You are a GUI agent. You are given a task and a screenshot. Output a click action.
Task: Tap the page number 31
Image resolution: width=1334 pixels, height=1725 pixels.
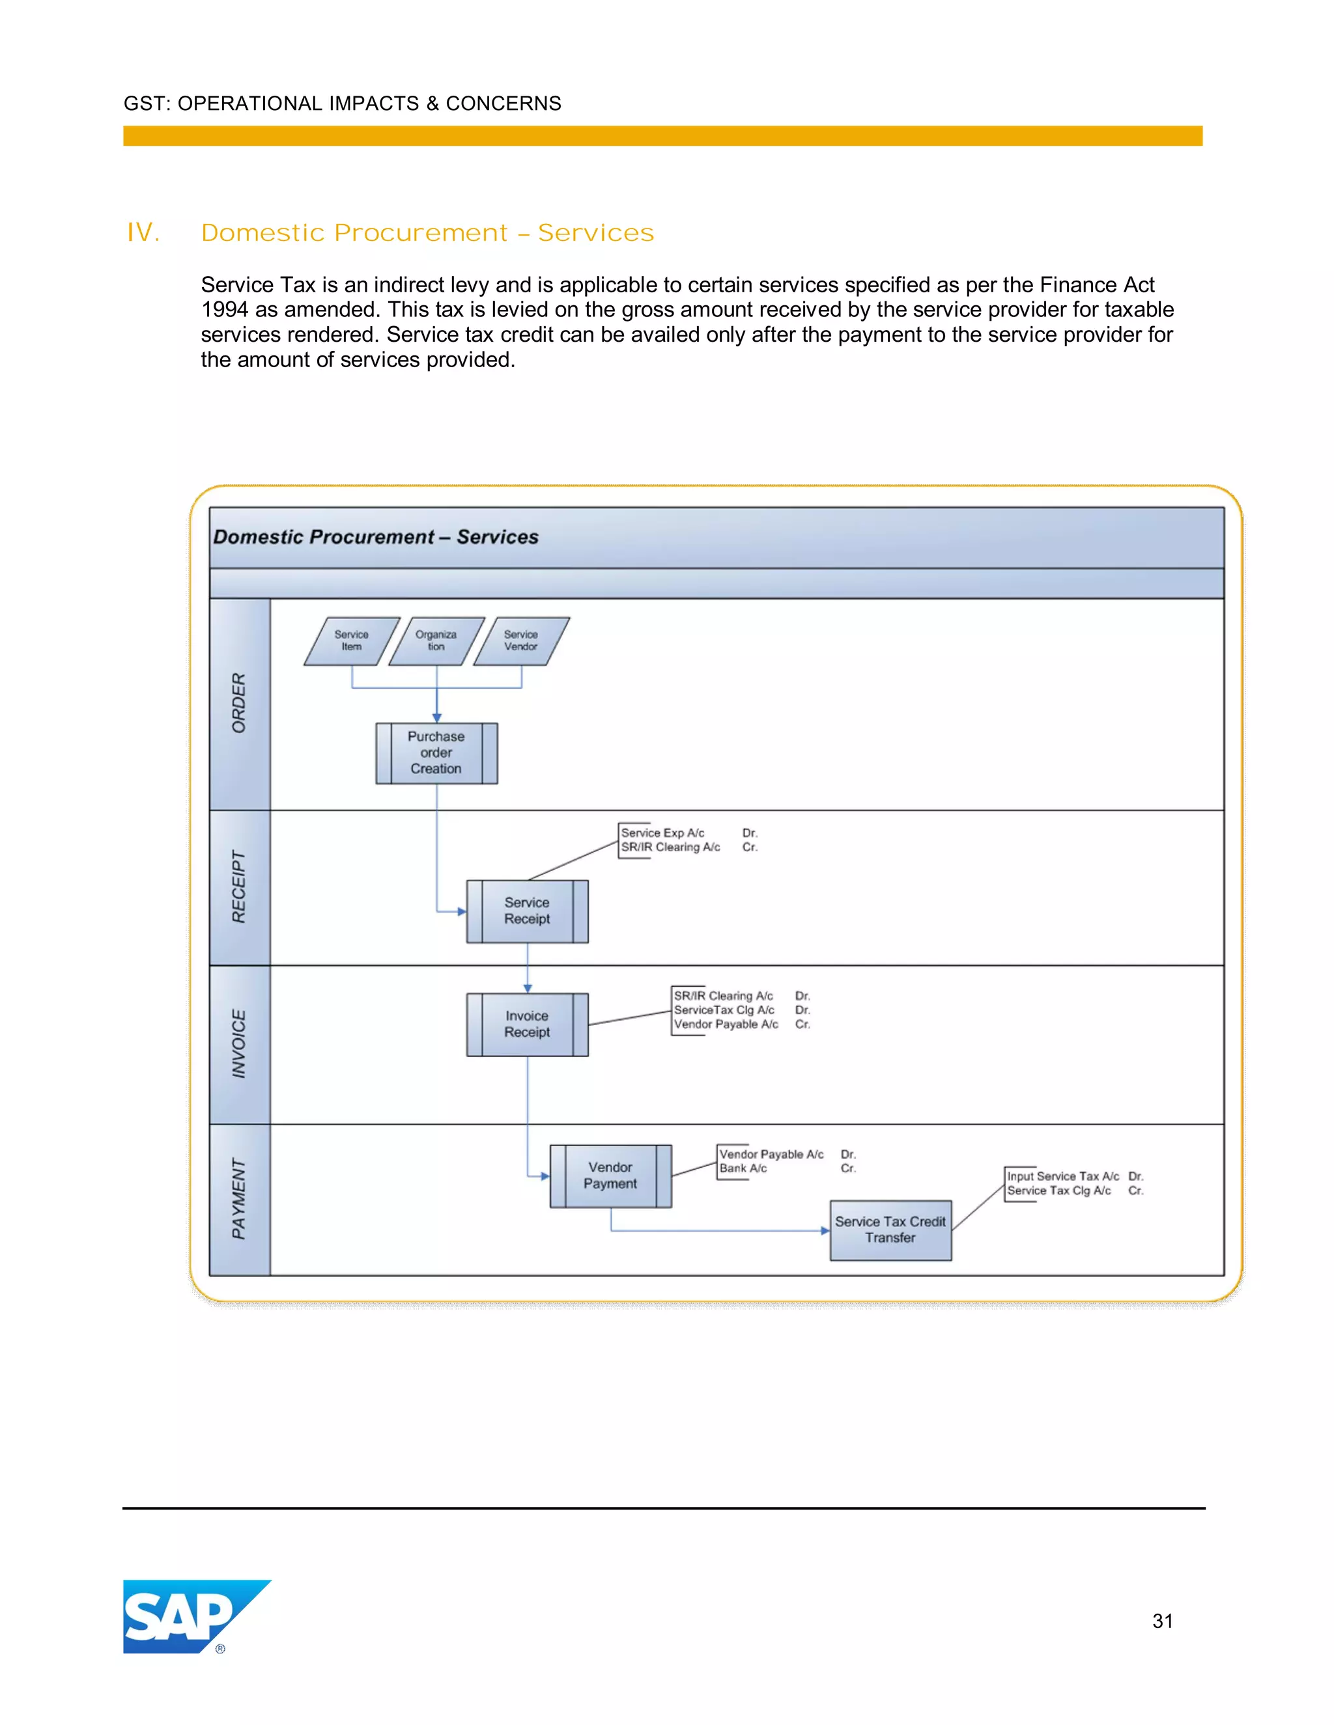click(x=1162, y=1621)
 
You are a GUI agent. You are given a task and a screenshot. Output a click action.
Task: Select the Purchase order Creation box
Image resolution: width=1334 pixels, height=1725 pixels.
click(x=436, y=752)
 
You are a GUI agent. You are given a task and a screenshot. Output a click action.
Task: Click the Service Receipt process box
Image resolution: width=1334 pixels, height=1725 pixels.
click(x=527, y=911)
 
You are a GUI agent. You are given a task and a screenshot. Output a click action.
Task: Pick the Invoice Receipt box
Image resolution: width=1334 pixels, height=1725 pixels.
click(x=527, y=1025)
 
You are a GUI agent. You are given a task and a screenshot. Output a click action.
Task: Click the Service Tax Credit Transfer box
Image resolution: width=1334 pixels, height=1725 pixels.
click(x=890, y=1230)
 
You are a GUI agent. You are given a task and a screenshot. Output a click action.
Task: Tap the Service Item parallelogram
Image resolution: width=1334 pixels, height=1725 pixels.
click(x=352, y=641)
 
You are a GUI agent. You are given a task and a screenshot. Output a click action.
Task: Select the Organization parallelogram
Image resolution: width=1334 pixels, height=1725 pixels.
click(x=436, y=641)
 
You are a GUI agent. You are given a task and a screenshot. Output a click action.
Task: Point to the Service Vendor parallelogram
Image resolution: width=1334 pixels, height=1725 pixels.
click(x=521, y=641)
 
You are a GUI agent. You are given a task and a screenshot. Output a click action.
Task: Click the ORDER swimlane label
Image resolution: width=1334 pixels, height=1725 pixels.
click(x=238, y=703)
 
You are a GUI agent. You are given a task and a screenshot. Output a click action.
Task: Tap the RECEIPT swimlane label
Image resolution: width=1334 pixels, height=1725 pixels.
click(x=238, y=887)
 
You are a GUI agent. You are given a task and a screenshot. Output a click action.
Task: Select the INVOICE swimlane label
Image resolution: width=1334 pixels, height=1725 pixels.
click(x=238, y=1044)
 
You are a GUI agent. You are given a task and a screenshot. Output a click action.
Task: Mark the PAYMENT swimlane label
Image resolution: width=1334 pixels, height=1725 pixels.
click(x=238, y=1199)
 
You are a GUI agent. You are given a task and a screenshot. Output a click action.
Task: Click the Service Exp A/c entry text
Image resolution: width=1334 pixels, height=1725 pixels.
click(x=662, y=833)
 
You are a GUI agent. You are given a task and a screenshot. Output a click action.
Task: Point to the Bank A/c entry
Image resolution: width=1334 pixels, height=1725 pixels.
click(x=743, y=1168)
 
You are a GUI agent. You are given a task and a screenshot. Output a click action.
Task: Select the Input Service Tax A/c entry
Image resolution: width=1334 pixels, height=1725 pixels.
click(x=1062, y=1176)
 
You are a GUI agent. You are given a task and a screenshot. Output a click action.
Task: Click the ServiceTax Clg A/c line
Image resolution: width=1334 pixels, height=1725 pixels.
click(x=724, y=1010)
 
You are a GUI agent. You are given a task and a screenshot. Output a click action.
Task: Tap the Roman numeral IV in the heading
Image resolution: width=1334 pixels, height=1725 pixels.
click(x=143, y=233)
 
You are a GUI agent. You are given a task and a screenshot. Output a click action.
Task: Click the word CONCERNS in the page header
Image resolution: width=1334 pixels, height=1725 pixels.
click(x=504, y=103)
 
